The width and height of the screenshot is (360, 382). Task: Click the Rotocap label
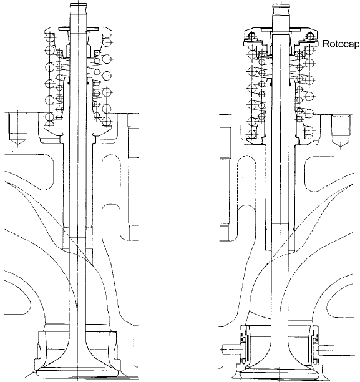(x=341, y=44)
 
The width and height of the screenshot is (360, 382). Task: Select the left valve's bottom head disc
(x=77, y=373)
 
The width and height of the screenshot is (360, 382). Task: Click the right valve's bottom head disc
(x=281, y=373)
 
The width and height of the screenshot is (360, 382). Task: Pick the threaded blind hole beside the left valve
(x=17, y=130)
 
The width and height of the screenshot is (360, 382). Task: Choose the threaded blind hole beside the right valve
(x=341, y=130)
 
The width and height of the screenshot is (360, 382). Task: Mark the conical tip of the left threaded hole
(x=17, y=143)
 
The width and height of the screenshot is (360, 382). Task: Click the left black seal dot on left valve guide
(x=69, y=83)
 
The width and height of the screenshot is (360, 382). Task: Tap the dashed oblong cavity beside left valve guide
(x=111, y=180)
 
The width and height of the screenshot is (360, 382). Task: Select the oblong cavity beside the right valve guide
(x=246, y=182)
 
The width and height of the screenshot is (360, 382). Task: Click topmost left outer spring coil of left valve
(x=50, y=37)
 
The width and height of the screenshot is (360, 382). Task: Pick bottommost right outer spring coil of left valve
(x=107, y=121)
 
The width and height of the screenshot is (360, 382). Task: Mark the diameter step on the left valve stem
(x=78, y=237)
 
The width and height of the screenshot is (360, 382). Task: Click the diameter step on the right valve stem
(x=280, y=223)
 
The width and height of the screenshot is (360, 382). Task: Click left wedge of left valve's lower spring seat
(x=53, y=129)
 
